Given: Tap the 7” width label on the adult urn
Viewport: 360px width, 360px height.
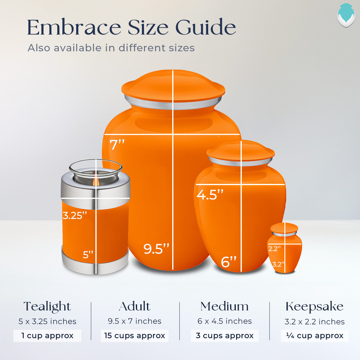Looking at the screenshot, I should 117,145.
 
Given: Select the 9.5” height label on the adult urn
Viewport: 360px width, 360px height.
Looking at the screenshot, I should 156,249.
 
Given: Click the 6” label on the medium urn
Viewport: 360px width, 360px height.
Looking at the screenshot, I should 229,262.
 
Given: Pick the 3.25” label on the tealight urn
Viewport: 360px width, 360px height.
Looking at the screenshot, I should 75,215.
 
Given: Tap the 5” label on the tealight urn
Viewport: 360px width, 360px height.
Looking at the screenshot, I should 88,255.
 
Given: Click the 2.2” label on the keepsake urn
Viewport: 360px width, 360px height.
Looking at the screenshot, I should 274,249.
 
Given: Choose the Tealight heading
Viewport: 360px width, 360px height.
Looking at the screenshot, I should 47,307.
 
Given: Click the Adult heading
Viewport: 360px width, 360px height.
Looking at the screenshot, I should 134,307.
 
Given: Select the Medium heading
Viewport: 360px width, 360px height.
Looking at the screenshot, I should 224,307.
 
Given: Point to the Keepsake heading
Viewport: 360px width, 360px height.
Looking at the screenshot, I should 314,307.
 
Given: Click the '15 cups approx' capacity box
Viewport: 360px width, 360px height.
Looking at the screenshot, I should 135,336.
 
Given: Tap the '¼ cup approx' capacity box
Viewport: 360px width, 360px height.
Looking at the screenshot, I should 315,336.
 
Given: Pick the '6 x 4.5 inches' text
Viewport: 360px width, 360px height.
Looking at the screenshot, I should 225,321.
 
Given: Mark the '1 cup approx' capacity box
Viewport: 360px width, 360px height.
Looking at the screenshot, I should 47,336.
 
